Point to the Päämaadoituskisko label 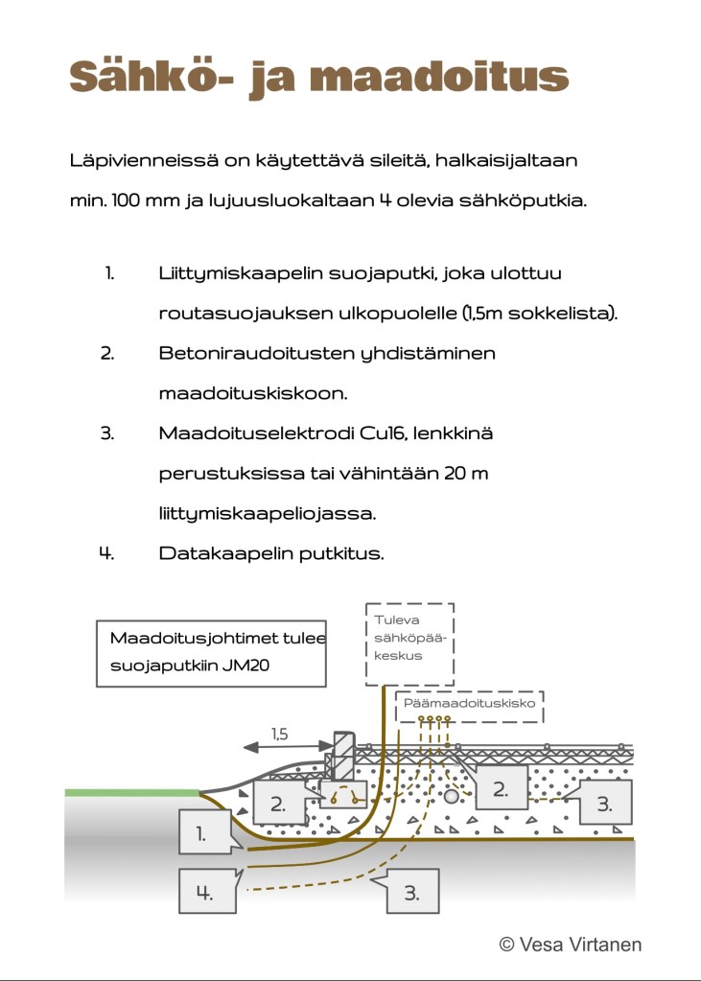coord(468,703)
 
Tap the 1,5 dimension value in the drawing coord(279,735)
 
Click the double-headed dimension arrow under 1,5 coord(279,748)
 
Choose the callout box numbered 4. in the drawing coord(204,891)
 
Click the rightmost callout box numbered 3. coord(604,804)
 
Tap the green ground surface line coord(132,792)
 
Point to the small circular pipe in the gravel coord(451,795)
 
